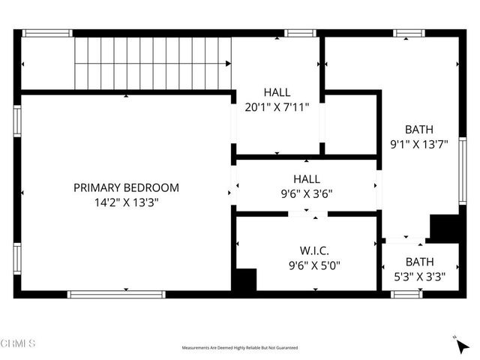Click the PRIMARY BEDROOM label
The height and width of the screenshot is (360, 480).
click(126, 187)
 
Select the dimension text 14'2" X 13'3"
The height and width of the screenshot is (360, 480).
click(126, 202)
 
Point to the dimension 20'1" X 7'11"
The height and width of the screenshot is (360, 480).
click(277, 107)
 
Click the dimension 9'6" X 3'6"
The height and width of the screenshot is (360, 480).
click(307, 193)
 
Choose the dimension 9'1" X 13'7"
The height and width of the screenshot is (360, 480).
click(419, 144)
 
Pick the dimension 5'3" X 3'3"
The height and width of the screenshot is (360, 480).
click(419, 276)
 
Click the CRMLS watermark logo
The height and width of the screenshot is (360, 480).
click(18, 343)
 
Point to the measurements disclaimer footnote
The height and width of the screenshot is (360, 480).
click(240, 348)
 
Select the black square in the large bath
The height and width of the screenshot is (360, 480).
click(444, 227)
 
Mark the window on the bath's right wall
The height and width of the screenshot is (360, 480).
click(463, 171)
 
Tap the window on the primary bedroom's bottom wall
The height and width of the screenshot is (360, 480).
click(116, 295)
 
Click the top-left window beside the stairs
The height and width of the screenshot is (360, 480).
click(46, 33)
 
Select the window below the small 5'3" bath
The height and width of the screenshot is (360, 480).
click(406, 295)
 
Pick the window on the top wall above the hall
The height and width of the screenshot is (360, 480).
click(300, 33)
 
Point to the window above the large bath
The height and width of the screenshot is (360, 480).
click(409, 33)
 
